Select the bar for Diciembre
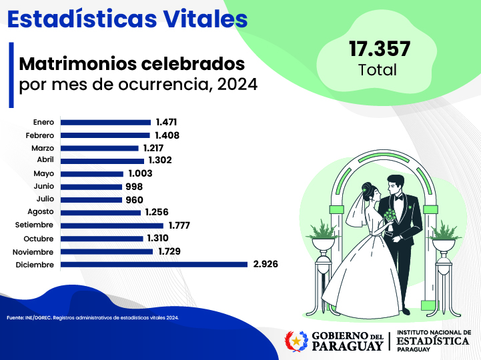[x=154, y=265]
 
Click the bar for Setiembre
[x=112, y=225]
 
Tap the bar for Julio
[x=89, y=199]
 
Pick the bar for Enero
[x=106, y=122]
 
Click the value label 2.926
[x=266, y=265]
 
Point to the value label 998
[x=133, y=187]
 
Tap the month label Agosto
[x=41, y=213]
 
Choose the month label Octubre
[x=39, y=239]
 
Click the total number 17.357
[x=379, y=49]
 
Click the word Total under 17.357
[x=378, y=69]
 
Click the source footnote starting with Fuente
[x=93, y=317]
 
